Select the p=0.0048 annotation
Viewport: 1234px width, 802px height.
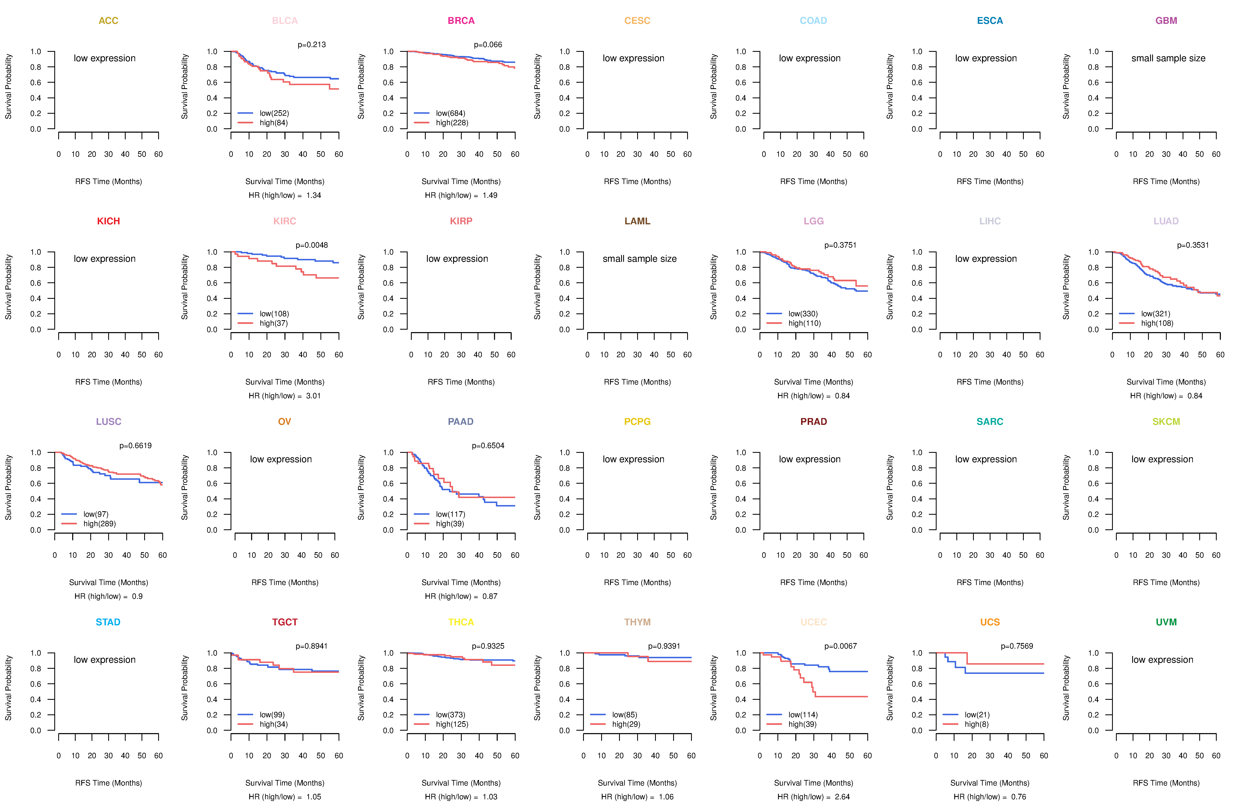pyautogui.click(x=312, y=245)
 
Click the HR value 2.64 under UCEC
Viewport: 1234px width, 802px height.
pyautogui.click(x=842, y=797)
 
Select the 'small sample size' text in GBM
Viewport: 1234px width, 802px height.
pyautogui.click(x=1168, y=58)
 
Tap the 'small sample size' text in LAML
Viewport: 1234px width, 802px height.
pyautogui.click(x=639, y=259)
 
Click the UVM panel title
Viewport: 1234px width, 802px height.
pyautogui.click(x=1166, y=622)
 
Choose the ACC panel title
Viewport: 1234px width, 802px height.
pyautogui.click(x=108, y=21)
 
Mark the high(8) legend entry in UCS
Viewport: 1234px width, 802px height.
pyautogui.click(x=976, y=724)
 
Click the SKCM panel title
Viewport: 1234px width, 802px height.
pyautogui.click(x=1166, y=422)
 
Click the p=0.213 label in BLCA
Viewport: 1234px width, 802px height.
pyautogui.click(x=312, y=45)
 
